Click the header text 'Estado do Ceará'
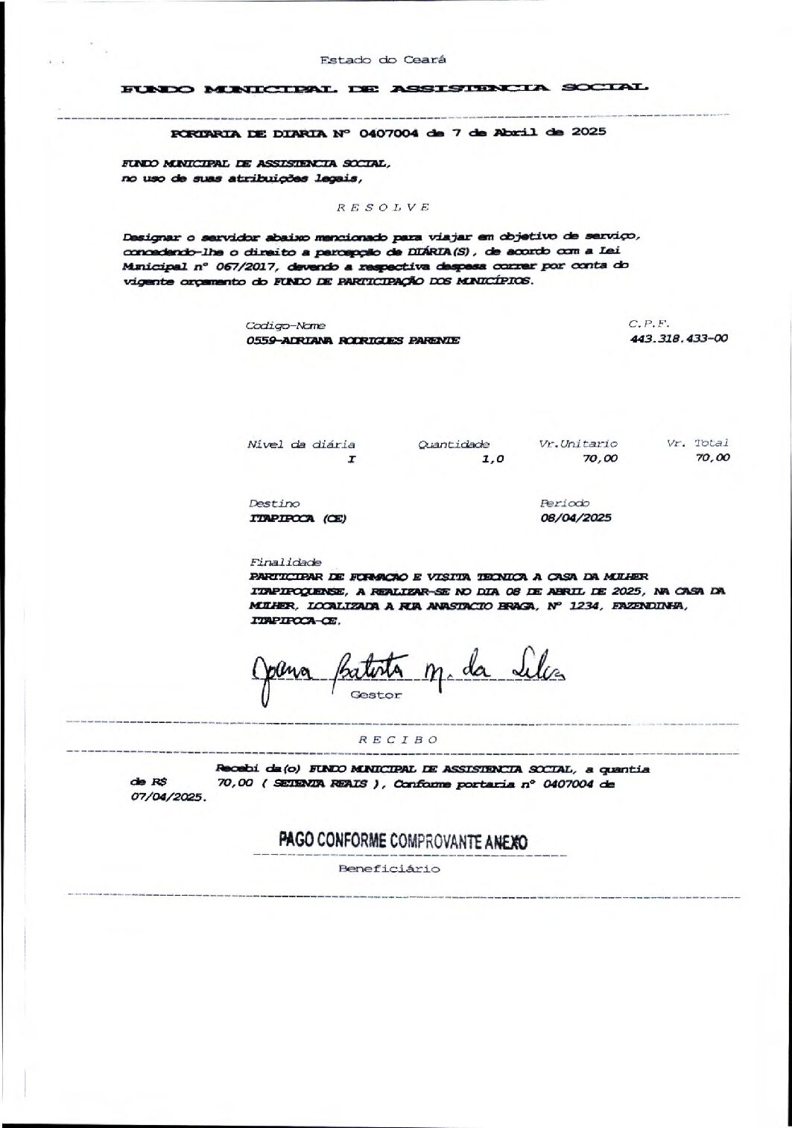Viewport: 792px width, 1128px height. click(383, 60)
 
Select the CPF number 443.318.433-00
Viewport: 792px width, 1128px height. click(679, 338)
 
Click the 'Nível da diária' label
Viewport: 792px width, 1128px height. click(301, 444)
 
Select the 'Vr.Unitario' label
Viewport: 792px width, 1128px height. click(578, 444)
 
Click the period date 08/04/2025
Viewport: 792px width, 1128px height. click(576, 518)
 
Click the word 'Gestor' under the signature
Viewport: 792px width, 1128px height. click(376, 695)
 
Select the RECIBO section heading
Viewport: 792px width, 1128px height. click(398, 740)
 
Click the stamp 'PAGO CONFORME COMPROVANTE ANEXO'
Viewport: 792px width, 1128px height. click(403, 841)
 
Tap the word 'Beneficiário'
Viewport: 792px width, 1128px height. click(390, 868)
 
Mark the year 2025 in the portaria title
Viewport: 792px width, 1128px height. click(589, 133)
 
